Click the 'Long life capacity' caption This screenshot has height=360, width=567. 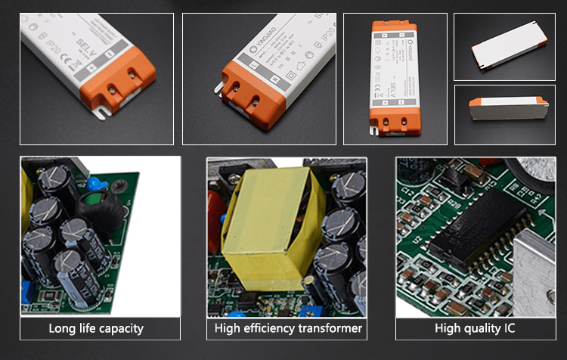[95, 328]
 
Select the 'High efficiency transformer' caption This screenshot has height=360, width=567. [288, 328]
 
